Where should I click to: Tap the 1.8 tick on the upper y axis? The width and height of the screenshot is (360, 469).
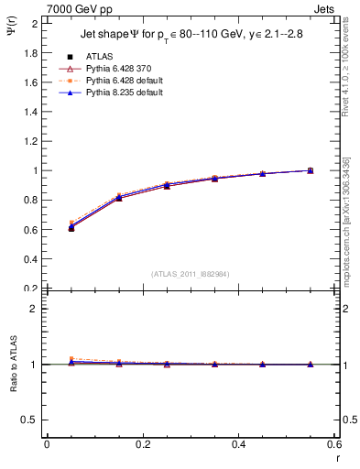coord(30,52)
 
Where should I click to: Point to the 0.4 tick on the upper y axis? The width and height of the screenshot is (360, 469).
coord(30,259)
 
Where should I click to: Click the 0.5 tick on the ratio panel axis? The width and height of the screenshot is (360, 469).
coord(30,420)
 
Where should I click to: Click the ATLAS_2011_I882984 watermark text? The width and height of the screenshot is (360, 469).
coord(190,274)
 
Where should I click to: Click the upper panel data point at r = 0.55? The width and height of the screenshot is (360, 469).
coord(311,170)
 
